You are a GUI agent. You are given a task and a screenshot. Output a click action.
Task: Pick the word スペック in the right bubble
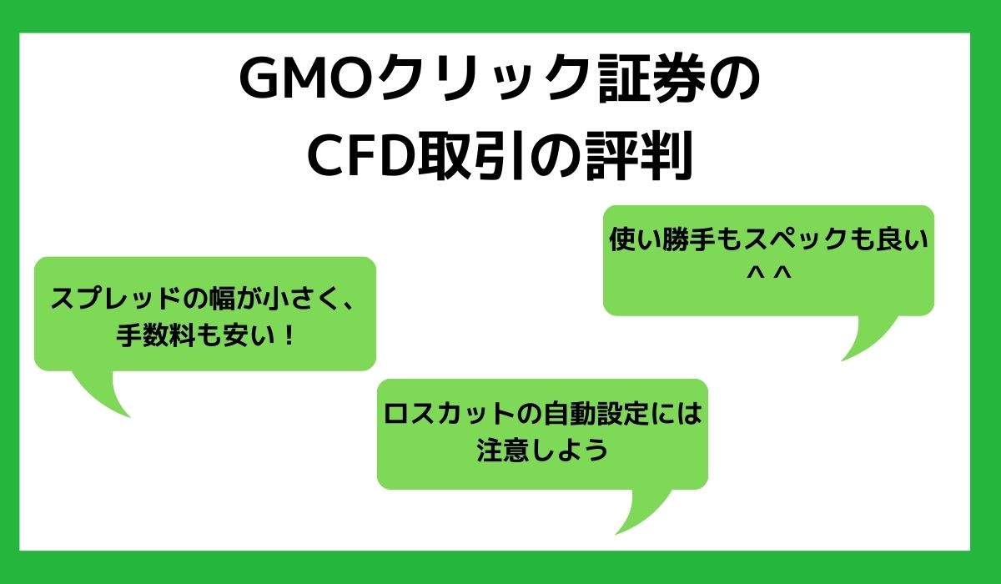pyautogui.click(x=792, y=242)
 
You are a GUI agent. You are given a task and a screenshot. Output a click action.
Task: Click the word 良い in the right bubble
pyautogui.click(x=898, y=242)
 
